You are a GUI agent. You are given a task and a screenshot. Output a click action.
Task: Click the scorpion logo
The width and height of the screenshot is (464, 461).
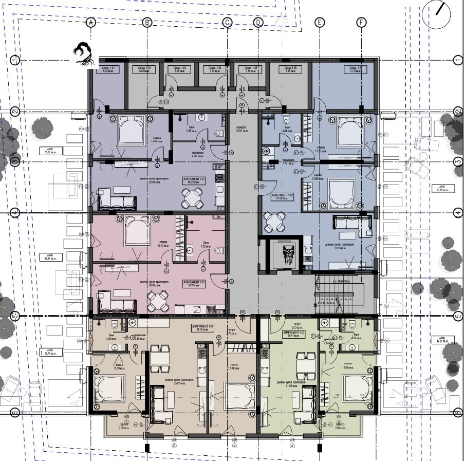click(x=84, y=54)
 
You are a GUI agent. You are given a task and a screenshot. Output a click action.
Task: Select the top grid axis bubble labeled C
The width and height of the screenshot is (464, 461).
click(x=227, y=22)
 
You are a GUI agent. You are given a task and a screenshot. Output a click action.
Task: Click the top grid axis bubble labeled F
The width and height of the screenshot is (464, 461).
click(x=362, y=22)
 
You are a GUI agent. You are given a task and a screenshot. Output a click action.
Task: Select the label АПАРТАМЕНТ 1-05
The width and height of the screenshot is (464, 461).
click(x=193, y=283)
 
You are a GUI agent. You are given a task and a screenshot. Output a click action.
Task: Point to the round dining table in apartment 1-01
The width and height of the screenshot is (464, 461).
click(x=192, y=198)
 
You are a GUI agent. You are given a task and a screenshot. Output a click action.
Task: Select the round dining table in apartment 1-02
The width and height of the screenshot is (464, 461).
click(x=273, y=223)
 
